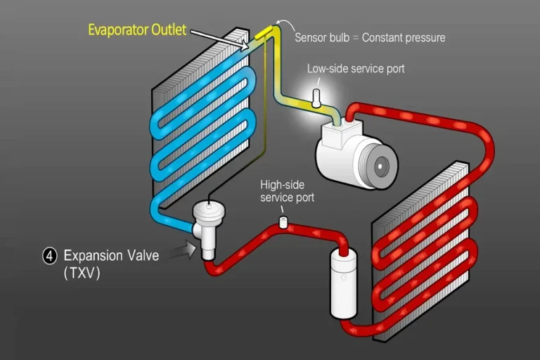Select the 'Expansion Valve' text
[111, 256]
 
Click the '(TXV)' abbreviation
[82, 274]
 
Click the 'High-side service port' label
[287, 191]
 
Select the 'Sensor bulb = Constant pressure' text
[370, 37]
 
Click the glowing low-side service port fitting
[316, 98]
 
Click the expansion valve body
[209, 225]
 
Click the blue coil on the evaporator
[204, 120]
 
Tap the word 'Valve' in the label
[141, 256]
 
